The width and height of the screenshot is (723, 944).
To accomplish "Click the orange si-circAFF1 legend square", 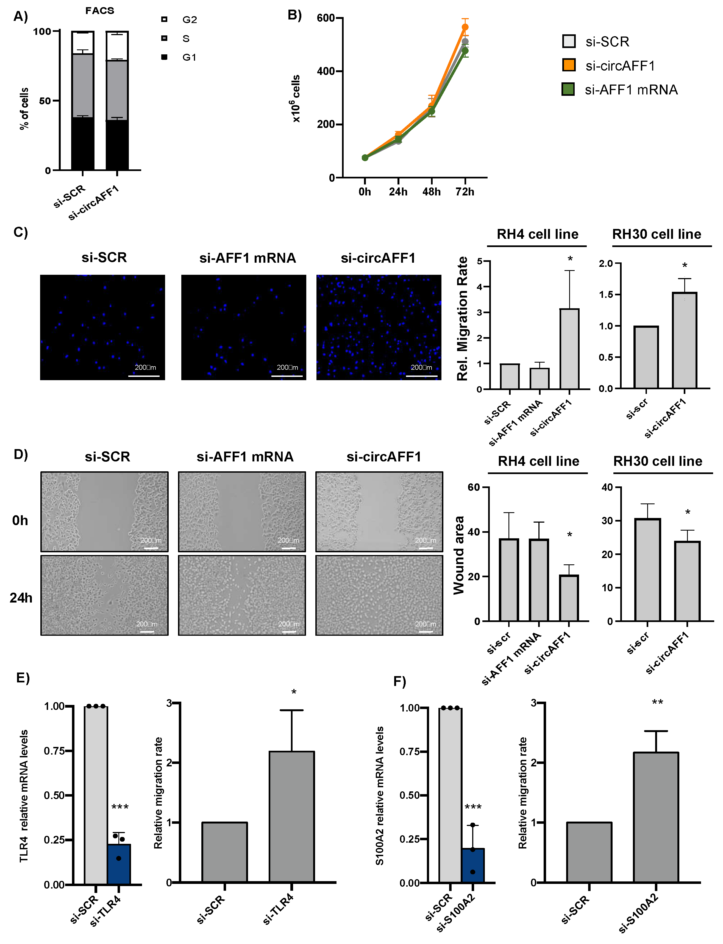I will (x=569, y=65).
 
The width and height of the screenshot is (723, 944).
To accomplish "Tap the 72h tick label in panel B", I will (x=465, y=192).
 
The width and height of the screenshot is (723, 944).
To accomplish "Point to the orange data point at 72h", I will (x=465, y=27).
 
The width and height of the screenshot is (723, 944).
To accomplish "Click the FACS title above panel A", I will (x=99, y=11).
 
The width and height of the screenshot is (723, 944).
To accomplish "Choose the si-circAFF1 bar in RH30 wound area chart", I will (x=687, y=581).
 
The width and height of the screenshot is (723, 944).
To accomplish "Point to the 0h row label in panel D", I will (x=20, y=520).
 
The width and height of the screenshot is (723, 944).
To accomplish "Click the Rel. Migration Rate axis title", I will (x=462, y=318).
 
